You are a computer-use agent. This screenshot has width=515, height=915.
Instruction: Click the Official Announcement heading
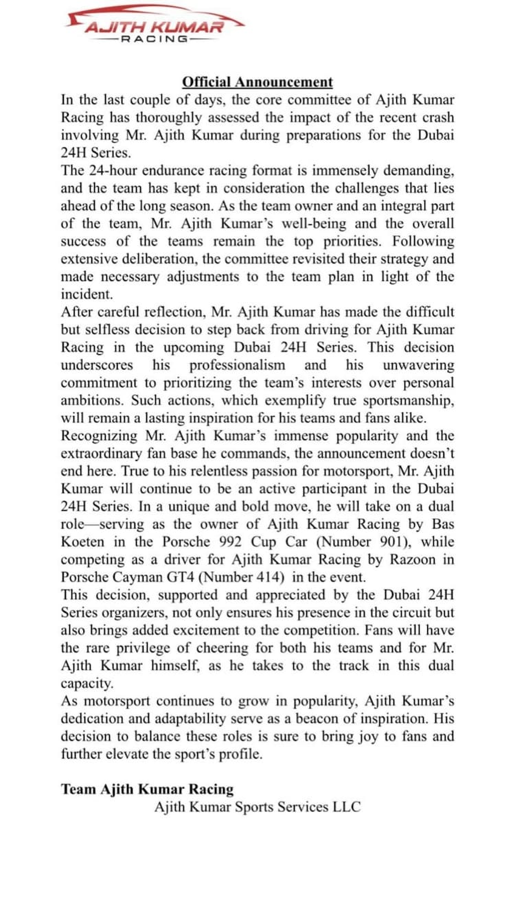click(257, 82)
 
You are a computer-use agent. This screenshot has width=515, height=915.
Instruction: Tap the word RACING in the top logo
click(154, 39)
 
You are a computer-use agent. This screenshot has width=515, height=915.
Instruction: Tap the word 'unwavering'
click(418, 365)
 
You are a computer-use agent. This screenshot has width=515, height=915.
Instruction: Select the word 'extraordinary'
click(104, 454)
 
